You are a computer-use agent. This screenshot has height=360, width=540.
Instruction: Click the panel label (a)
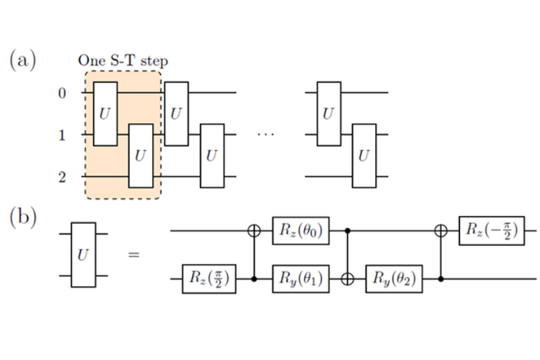22,60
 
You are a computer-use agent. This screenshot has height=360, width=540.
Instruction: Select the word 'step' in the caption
154,62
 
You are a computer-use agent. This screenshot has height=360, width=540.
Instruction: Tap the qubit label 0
62,93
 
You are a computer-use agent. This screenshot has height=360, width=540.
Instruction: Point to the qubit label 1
62,135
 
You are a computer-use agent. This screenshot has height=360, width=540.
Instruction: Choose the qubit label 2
62,177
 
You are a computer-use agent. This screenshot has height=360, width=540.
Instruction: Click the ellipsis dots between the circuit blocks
266,134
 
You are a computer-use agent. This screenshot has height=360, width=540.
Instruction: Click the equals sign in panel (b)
134,255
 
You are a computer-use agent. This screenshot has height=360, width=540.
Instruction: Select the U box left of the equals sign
83,255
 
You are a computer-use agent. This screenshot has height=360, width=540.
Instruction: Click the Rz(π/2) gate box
209,278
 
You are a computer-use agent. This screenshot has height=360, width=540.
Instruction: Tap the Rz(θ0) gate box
301,231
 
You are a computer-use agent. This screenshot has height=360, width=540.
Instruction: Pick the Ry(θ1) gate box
301,278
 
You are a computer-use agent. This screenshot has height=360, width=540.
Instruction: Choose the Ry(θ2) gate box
394,278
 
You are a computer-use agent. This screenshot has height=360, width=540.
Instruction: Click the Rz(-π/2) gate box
492,231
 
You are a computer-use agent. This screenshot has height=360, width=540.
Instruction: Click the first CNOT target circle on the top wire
254,230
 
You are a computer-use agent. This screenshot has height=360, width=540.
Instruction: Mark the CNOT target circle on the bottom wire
347,278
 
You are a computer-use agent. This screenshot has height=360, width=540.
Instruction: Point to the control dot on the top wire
347,230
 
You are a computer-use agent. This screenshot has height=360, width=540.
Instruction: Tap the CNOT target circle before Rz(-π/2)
441,230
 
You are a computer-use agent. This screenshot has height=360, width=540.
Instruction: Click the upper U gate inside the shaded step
106,114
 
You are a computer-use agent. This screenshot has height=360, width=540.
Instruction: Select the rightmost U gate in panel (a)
364,156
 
